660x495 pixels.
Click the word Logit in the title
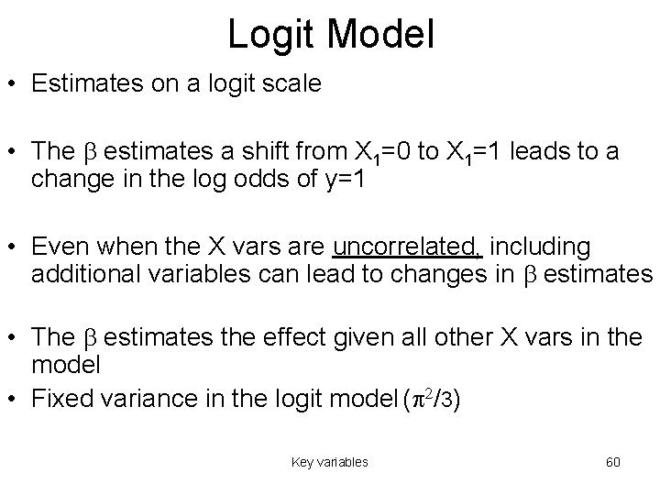(x=269, y=35)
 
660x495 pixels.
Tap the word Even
(x=58, y=247)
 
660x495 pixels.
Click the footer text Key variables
(x=329, y=462)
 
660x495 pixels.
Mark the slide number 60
(x=612, y=462)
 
